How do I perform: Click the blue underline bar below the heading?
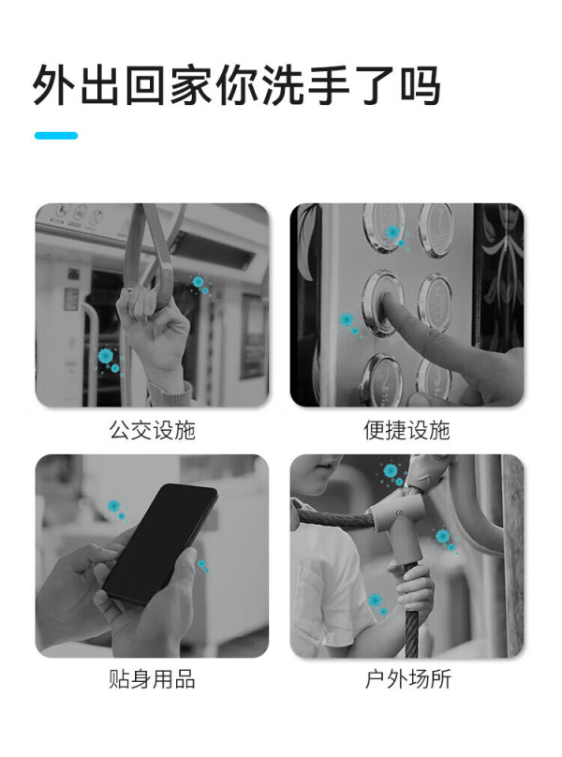(x=56, y=136)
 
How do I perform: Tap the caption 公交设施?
(x=152, y=430)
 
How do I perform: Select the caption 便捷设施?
(x=407, y=430)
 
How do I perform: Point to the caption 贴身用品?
(x=152, y=679)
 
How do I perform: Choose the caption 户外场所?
(x=407, y=679)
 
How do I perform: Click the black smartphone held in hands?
(x=161, y=543)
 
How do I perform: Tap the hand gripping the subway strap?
(x=152, y=323)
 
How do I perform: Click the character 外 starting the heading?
(x=54, y=85)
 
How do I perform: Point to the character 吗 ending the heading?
(x=419, y=85)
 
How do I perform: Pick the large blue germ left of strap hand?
(x=106, y=356)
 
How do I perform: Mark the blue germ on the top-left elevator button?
(x=393, y=232)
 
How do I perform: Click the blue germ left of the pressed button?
(x=347, y=319)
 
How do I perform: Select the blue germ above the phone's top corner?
(x=114, y=506)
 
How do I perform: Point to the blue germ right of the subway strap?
(x=199, y=281)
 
